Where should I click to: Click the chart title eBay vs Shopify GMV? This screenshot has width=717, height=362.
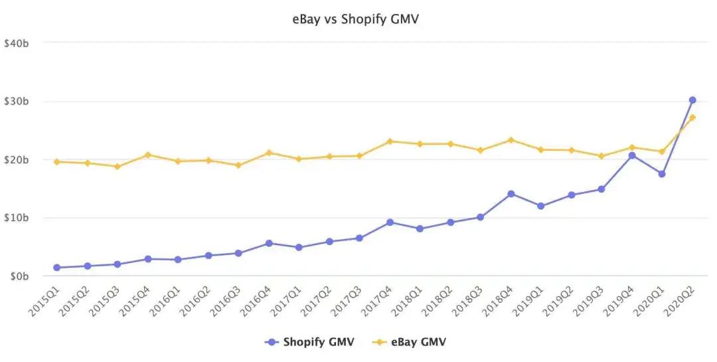(356, 19)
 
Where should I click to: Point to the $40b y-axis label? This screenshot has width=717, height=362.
(17, 43)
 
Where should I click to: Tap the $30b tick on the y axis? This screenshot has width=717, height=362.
(17, 102)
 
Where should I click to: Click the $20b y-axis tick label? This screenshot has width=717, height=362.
(17, 159)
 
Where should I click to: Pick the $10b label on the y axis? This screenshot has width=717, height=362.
(17, 218)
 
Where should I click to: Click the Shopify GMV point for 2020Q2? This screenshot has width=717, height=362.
(692, 100)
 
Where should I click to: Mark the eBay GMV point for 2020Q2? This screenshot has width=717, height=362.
(692, 118)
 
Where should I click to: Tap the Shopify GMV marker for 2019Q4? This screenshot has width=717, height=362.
(632, 155)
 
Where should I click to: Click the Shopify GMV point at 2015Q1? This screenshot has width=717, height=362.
(57, 268)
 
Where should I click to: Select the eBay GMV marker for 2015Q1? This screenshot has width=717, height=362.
(57, 161)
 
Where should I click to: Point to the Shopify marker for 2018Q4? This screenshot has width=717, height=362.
(511, 194)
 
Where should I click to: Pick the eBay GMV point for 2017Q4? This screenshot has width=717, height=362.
(390, 141)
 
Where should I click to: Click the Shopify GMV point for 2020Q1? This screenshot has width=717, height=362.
(662, 174)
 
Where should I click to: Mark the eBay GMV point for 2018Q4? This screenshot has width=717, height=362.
(511, 140)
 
